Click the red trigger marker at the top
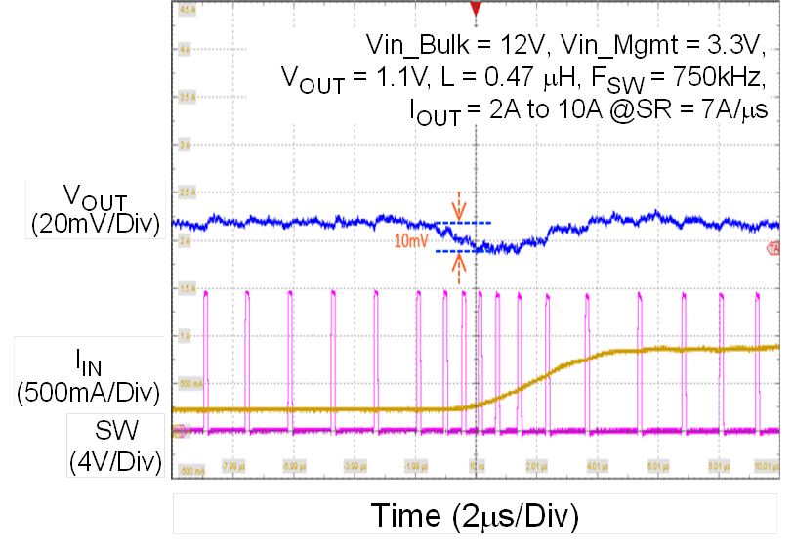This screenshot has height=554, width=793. click(x=476, y=9)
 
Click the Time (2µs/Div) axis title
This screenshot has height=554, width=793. click(x=476, y=514)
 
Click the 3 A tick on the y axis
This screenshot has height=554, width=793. click(x=185, y=145)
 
